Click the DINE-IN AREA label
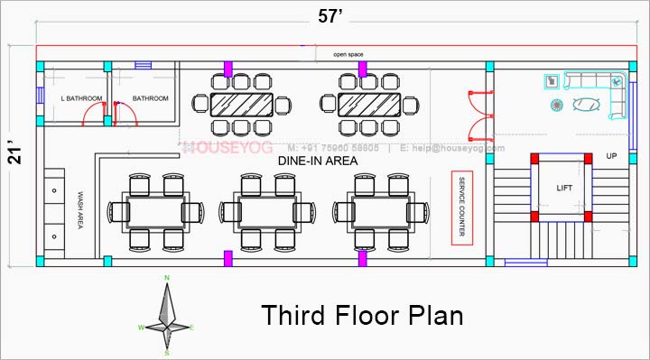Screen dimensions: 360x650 coord(317,160)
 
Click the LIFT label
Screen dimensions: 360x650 coord(564,188)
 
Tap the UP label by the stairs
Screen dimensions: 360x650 coord(611,156)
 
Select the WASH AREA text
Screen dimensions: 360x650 coord(80,209)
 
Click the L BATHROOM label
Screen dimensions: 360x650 coord(81,98)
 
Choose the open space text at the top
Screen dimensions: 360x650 coord(348,54)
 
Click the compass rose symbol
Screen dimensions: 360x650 coord(166,310)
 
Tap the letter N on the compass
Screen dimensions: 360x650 coord(166,277)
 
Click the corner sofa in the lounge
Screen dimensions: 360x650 coord(605,93)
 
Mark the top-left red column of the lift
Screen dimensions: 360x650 coord(534,159)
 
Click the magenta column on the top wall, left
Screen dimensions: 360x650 coord(228,68)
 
